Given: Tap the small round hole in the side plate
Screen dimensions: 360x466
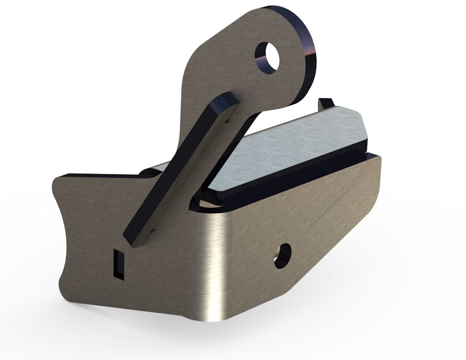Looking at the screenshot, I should point(283,255).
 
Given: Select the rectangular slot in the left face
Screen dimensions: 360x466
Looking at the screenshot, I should point(118,264).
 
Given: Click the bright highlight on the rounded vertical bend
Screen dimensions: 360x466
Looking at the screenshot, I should point(217,262).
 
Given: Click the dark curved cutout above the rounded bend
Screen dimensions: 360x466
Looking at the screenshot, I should point(204,201).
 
